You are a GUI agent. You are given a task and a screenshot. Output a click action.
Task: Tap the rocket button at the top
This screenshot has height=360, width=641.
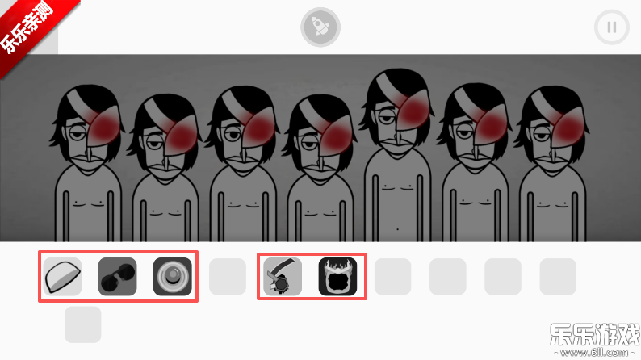tap(320, 27)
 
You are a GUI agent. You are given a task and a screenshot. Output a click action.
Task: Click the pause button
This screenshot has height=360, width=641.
tap(612, 27)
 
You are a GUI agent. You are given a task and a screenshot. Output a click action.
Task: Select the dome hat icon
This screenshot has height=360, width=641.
tap(62, 277)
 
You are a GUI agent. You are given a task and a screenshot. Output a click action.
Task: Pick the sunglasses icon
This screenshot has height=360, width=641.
tap(117, 277)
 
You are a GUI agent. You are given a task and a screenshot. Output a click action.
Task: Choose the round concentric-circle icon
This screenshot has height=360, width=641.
tap(173, 277)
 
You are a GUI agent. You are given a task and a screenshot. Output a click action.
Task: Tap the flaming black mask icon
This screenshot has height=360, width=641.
tap(337, 277)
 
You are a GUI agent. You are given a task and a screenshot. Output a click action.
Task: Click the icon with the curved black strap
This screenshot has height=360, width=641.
tap(283, 277)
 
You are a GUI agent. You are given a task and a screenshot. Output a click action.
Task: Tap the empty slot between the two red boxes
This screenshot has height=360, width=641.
tap(228, 277)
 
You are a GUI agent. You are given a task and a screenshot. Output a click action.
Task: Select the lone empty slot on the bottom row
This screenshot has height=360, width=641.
tap(82, 324)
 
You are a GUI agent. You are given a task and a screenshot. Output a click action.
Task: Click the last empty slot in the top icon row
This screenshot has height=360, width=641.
tap(558, 277)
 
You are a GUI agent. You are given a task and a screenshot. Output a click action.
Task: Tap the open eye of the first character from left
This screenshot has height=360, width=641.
tap(76, 134)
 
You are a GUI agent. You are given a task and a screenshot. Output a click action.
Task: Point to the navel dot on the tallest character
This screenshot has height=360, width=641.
tap(397, 229)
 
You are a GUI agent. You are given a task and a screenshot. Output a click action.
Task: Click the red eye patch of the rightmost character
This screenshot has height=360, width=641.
tap(568, 127)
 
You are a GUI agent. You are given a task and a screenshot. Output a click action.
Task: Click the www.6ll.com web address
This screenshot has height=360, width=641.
tap(594, 352)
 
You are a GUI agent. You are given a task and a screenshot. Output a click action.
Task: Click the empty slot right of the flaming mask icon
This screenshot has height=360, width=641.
tap(393, 277)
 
